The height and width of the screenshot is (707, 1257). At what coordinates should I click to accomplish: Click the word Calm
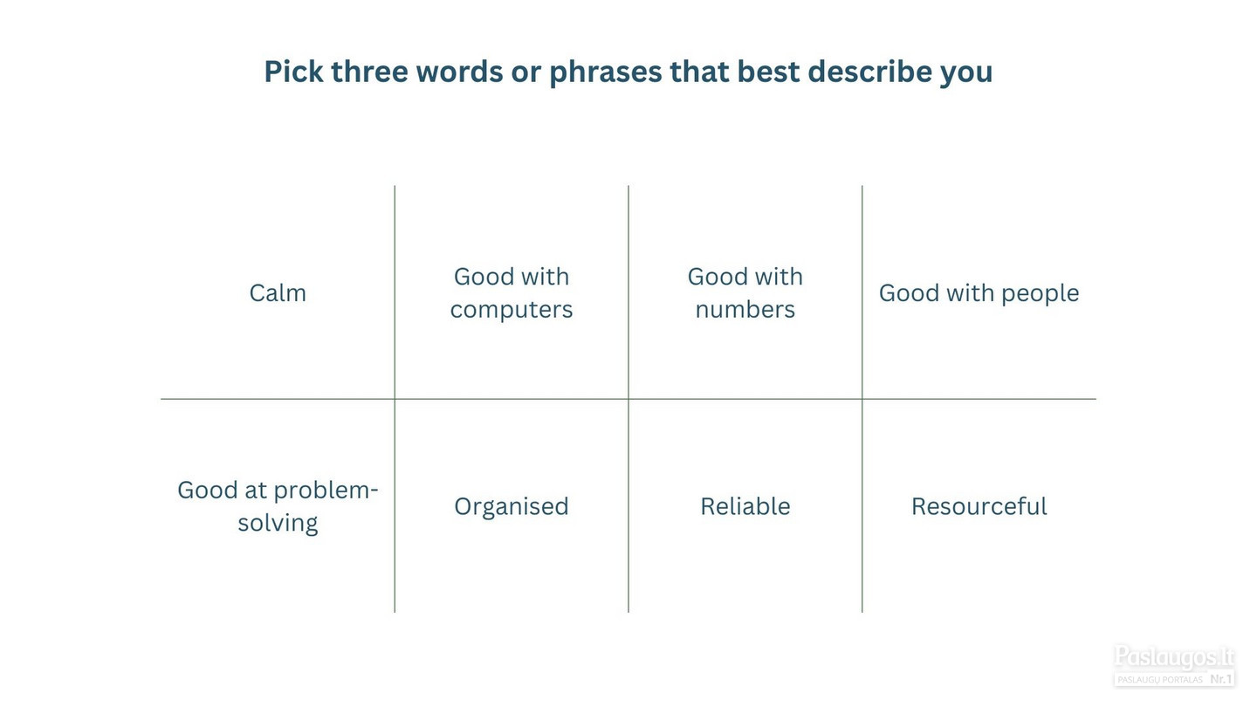point(278,293)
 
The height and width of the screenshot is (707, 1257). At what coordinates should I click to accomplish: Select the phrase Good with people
point(979,293)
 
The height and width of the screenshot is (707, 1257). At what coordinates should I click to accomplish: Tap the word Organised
point(512,507)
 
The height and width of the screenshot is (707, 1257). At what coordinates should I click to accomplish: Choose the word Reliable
point(745,506)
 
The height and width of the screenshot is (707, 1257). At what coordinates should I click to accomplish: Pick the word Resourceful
point(979,506)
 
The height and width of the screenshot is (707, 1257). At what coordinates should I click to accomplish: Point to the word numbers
point(745,310)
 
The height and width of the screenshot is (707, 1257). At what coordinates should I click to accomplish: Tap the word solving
point(278,524)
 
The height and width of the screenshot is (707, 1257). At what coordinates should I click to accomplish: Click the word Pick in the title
point(293,72)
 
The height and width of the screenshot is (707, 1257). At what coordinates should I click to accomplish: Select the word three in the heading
point(369,72)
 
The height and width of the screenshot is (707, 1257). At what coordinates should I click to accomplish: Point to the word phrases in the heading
point(606,73)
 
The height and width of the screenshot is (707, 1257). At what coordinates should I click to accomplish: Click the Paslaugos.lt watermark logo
point(1174,665)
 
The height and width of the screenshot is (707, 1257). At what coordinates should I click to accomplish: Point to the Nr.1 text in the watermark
point(1221,679)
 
